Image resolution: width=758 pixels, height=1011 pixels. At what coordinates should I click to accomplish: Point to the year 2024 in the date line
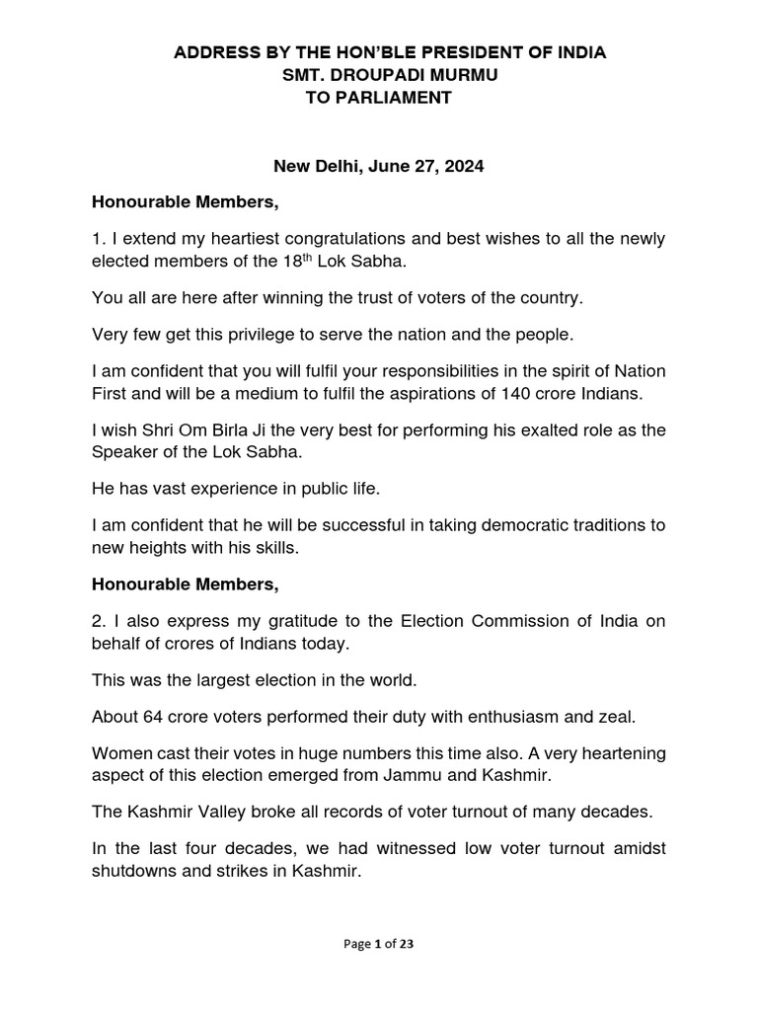coord(464,168)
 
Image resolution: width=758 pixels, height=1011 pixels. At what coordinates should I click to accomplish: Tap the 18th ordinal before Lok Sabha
coord(289,262)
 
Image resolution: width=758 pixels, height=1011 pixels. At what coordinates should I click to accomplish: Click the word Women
coord(119,752)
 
